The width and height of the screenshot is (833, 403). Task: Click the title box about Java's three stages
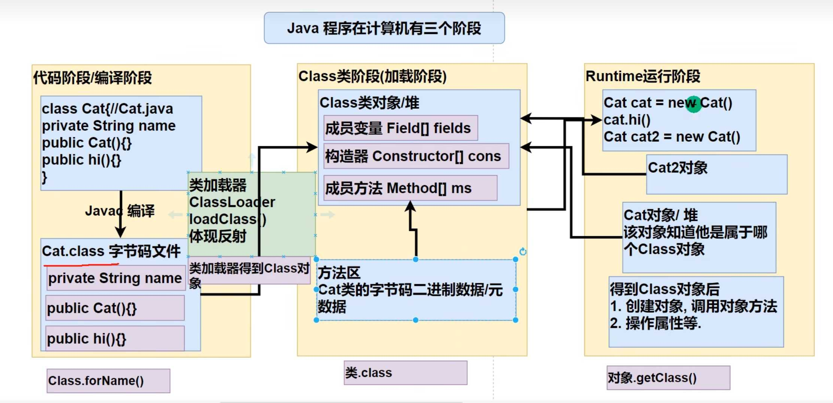coord(384,28)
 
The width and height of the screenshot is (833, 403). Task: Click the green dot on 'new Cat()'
coord(693,104)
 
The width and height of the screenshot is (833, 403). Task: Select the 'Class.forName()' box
coord(108,381)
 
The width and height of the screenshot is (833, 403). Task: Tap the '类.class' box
coord(405,373)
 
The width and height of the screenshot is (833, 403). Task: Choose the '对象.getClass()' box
coord(668,378)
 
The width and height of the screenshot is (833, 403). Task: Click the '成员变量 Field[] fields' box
coord(400,128)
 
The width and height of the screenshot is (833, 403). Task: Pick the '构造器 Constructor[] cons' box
coord(416,156)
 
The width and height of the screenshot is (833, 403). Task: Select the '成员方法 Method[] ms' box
coord(410,188)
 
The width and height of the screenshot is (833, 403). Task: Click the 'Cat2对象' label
coord(678,168)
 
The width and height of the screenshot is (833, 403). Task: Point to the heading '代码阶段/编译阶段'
coord(93,78)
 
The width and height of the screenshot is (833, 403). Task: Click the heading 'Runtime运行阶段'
coord(643,76)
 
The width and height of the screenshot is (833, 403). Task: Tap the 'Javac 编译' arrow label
coord(119,211)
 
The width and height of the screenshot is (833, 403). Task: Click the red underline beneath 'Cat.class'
coord(81,265)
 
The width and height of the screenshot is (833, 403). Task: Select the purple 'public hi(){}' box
coord(115,339)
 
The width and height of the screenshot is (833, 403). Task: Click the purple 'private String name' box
coord(115,278)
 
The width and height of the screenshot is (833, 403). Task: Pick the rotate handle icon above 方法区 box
coord(523,252)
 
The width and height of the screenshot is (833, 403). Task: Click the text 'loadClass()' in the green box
coord(227,219)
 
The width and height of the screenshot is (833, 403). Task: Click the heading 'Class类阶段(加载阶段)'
coord(372,76)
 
